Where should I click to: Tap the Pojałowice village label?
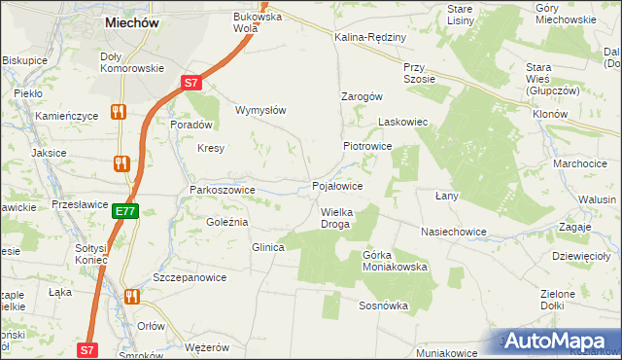[337, 186]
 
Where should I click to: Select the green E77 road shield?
[124, 210]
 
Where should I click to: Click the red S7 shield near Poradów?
[193, 84]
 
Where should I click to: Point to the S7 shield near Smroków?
[87, 349]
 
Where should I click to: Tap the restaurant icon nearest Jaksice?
[123, 163]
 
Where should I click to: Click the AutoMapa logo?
[561, 342]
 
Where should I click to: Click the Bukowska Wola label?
[257, 21]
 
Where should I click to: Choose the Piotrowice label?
[366, 146]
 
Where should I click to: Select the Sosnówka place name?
[383, 306]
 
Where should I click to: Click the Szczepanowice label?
[190, 277]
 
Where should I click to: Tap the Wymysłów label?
[260, 110]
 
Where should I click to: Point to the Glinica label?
[267, 248]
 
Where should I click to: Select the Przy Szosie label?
[419, 73]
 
